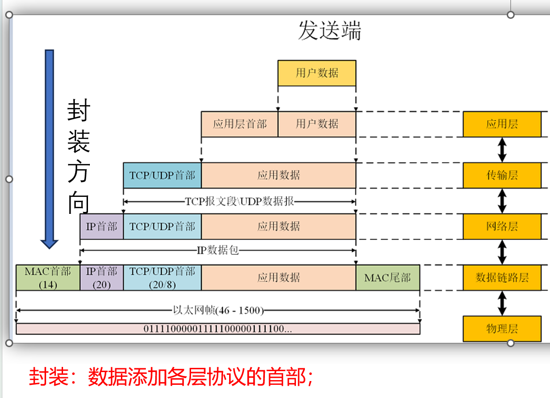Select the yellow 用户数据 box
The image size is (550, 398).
317,73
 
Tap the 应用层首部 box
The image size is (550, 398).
239,124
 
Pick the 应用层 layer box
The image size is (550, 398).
502,124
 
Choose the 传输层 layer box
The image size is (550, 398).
502,175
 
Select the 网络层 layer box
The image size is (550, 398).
502,227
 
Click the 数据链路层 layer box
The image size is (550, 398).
502,277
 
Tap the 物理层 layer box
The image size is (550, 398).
502,329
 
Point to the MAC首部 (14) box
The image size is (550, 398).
48,277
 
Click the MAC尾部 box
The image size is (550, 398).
388,277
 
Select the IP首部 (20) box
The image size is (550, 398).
102,277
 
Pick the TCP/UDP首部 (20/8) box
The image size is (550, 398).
162,277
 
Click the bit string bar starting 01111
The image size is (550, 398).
218,329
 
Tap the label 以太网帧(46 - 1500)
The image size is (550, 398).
218,310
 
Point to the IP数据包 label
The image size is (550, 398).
217,250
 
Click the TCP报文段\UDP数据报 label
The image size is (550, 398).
239,201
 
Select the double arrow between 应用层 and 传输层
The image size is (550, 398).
502,150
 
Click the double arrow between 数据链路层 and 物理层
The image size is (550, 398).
502,303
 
